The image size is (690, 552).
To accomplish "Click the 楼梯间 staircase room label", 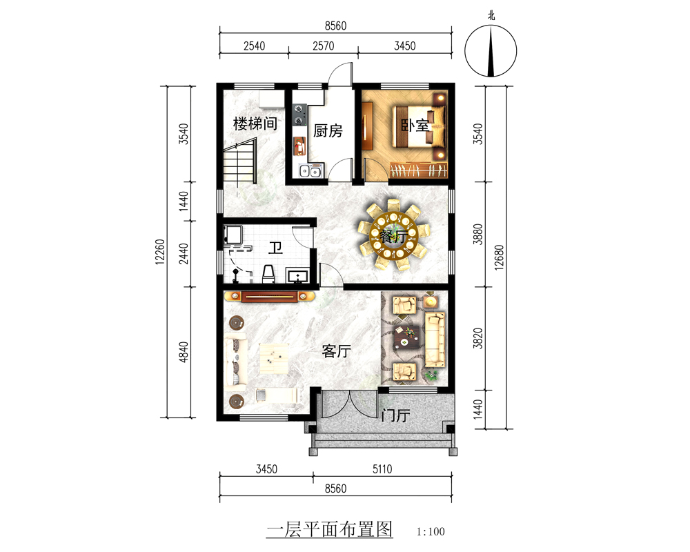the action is click(255, 124).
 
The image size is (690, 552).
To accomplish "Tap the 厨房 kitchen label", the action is click(328, 130).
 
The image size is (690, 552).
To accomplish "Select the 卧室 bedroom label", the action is click(415, 126).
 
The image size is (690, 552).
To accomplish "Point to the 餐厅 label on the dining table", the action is click(393, 237).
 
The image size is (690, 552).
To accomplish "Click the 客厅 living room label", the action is click(336, 351).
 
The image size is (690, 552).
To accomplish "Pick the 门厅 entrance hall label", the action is click(395, 415).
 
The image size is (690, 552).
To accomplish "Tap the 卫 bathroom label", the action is click(275, 248).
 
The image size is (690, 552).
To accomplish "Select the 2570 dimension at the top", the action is click(324, 46).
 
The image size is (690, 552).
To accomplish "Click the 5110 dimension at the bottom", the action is click(382, 469).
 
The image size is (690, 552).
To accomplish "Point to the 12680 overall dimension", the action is click(499, 257).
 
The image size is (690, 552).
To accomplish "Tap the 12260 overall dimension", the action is click(160, 251).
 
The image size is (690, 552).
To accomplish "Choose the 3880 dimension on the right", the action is click(478, 234).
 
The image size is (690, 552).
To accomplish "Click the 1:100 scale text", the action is click(431, 531).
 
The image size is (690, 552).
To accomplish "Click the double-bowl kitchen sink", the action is click(310, 171).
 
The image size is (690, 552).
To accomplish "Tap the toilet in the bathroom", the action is click(268, 274).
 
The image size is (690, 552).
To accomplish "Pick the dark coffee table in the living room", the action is click(406, 337).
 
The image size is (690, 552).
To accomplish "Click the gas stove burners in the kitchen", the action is click(299, 114).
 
